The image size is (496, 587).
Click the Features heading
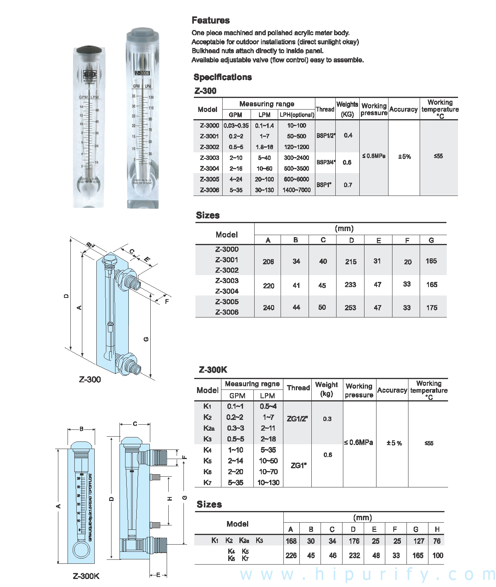point(211,20)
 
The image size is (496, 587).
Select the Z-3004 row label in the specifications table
point(209,168)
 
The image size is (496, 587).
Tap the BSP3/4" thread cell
point(326,162)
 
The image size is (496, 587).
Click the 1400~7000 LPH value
point(296,190)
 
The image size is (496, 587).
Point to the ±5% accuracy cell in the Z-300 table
point(404,156)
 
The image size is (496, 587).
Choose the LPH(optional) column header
point(297,115)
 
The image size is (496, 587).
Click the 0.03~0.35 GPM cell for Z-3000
point(236,125)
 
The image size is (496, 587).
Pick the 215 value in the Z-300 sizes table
point(351,262)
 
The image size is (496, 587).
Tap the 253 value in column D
point(350,307)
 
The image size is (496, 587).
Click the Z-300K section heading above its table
point(213,370)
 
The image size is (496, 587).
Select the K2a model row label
point(209,428)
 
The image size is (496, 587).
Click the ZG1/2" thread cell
point(297,419)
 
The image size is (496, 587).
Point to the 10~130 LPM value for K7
point(268,483)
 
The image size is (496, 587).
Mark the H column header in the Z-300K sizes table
point(437,529)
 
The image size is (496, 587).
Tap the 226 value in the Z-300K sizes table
point(291,555)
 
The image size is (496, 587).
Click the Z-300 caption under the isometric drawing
point(90,379)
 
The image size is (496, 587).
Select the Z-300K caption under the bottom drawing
point(86,576)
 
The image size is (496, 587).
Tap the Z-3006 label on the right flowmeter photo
point(142,73)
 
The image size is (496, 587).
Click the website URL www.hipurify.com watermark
point(367,574)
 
